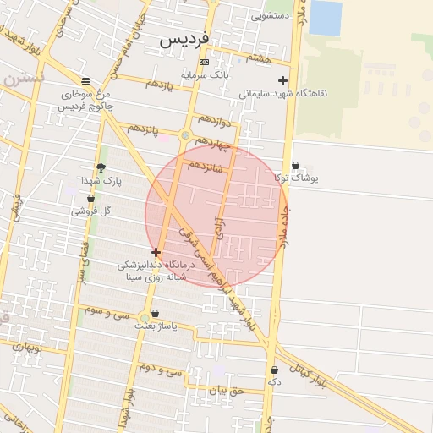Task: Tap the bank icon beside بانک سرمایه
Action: [x=203, y=63]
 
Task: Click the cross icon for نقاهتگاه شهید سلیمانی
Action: [x=283, y=81]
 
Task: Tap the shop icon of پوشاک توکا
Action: [x=295, y=165]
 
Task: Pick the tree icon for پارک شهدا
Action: [x=101, y=167]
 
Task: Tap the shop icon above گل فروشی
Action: [x=90, y=198]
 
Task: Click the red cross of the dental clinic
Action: [x=156, y=252]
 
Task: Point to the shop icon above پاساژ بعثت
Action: [x=154, y=312]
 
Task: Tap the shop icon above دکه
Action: [x=274, y=370]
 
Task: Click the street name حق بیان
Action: [x=226, y=391]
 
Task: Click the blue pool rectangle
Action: [x=326, y=18]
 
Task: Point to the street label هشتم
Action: [x=259, y=57]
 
